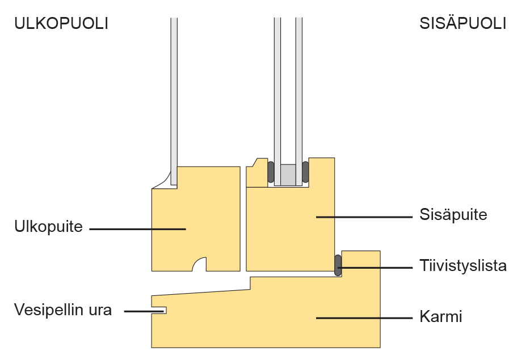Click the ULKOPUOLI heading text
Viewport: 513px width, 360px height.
tap(61, 24)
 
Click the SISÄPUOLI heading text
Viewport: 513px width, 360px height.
tap(462, 24)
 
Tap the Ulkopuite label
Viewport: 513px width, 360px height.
tap(48, 227)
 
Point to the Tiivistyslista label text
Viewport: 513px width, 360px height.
tap(463, 266)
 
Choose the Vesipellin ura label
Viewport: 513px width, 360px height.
tap(63, 310)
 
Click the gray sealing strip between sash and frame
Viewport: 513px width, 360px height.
tap(338, 265)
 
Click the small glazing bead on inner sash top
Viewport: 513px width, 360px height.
tap(257, 173)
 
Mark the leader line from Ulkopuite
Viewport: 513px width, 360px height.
tap(136, 228)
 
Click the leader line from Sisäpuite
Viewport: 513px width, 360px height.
tap(363, 217)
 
